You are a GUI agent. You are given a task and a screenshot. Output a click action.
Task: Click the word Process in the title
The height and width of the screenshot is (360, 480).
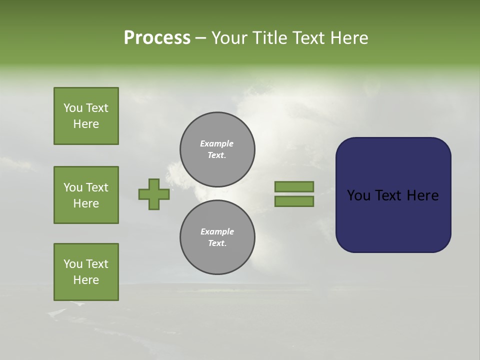click(x=157, y=38)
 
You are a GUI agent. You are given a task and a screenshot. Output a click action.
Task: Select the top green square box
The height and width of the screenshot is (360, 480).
click(x=86, y=116)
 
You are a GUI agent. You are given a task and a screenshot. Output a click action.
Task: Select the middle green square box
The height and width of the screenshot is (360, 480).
click(x=86, y=195)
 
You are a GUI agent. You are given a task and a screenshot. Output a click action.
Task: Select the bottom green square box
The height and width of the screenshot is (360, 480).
click(x=86, y=272)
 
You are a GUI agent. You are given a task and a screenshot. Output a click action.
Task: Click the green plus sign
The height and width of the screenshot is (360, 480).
click(x=154, y=194)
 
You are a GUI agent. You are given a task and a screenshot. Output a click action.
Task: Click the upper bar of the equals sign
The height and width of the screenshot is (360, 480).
click(x=294, y=186)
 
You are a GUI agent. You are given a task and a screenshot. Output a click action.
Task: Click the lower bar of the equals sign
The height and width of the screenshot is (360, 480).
click(x=294, y=201)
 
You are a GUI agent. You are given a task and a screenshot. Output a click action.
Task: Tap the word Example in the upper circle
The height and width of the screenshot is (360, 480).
click(x=216, y=143)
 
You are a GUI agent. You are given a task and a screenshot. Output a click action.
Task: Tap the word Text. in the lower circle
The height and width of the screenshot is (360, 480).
click(x=217, y=243)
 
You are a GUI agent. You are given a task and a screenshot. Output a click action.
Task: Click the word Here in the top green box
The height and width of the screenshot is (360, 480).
click(x=86, y=124)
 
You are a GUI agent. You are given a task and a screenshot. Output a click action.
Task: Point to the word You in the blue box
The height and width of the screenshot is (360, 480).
click(x=359, y=195)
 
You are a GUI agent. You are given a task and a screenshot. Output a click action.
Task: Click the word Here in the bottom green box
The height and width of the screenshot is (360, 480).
click(x=86, y=280)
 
